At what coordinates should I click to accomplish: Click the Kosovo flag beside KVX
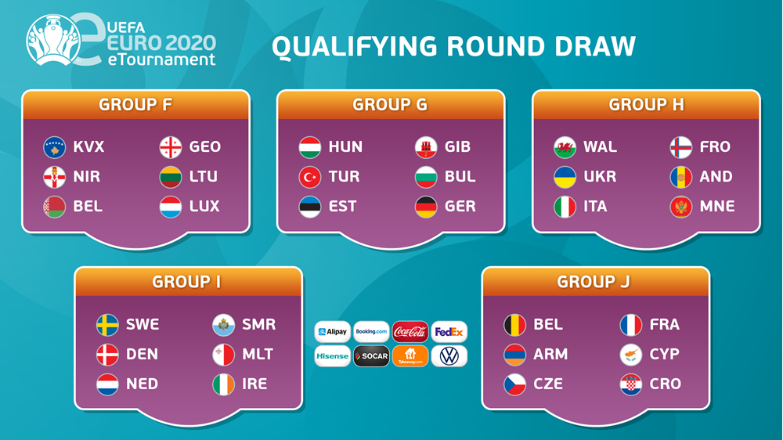[55, 147]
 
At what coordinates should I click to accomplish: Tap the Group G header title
[390, 104]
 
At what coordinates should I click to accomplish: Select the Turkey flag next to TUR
[309, 177]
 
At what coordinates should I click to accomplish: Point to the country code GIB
[457, 147]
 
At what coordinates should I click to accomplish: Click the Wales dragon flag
[565, 147]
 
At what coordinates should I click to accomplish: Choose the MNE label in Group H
[717, 206]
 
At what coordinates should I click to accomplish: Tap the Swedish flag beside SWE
[107, 325]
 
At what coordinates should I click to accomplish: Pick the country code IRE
[254, 384]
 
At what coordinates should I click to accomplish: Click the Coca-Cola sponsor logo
[410, 332]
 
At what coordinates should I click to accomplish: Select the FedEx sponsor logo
[449, 332]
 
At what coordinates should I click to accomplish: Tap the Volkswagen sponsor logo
[449, 356]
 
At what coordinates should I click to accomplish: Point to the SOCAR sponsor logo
[371, 356]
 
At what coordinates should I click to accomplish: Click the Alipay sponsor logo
[333, 332]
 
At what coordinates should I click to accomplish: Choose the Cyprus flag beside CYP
[630, 354]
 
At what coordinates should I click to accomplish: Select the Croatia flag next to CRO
[630, 384]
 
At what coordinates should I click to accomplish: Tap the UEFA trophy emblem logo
[53, 40]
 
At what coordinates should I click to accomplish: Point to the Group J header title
[594, 282]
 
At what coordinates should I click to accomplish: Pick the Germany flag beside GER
[426, 206]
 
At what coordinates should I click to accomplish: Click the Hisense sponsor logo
[333, 356]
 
